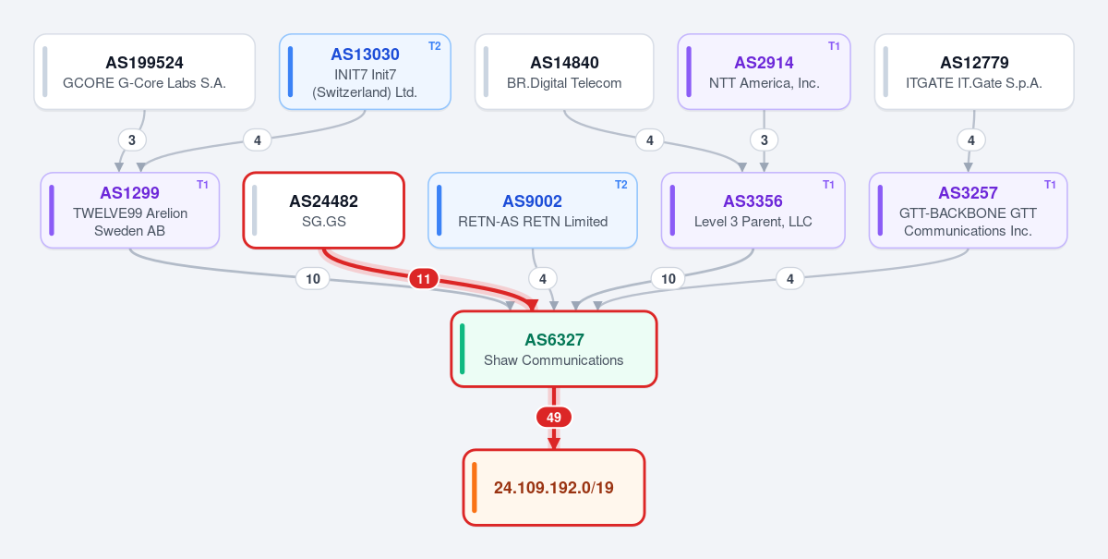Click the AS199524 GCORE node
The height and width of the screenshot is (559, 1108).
coord(144,72)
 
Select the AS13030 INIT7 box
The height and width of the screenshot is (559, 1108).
coord(365,72)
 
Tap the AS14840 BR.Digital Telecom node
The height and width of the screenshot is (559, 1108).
coord(564,72)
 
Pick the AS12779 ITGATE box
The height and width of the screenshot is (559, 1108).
coord(974,72)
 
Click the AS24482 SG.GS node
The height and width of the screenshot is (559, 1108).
coord(324,211)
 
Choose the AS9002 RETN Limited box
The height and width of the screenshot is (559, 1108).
coord(533,211)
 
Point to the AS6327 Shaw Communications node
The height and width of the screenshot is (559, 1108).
coord(554,349)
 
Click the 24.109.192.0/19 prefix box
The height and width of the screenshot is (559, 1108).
coord(554,488)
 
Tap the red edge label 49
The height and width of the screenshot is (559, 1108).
coord(554,418)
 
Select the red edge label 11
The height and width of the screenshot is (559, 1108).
coord(424,279)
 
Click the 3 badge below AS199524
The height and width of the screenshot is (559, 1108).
coord(132,140)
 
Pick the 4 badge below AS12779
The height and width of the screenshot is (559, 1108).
coord(971,140)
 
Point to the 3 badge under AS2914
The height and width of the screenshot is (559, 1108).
coord(765,140)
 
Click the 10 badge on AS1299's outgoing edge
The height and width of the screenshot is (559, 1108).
coord(313,279)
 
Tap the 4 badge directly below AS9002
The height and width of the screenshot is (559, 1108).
coord(543,279)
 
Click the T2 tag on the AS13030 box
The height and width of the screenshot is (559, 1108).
coord(434,46)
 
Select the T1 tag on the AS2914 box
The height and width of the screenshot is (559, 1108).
coord(834,46)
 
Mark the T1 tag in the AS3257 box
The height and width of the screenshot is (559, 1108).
coord(1050,185)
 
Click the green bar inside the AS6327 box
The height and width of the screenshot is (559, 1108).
coord(462,349)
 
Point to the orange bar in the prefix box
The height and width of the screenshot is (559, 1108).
coord(475,488)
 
